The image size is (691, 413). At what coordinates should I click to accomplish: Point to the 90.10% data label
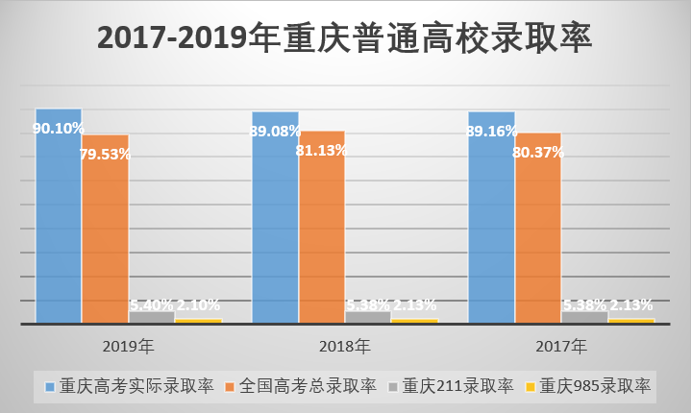coord(59,128)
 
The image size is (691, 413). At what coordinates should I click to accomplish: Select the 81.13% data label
coord(322,149)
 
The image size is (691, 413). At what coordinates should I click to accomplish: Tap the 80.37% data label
coord(538,151)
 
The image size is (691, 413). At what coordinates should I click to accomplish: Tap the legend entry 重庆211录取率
coord(457,386)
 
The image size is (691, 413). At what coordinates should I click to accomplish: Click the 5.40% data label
coord(151,305)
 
